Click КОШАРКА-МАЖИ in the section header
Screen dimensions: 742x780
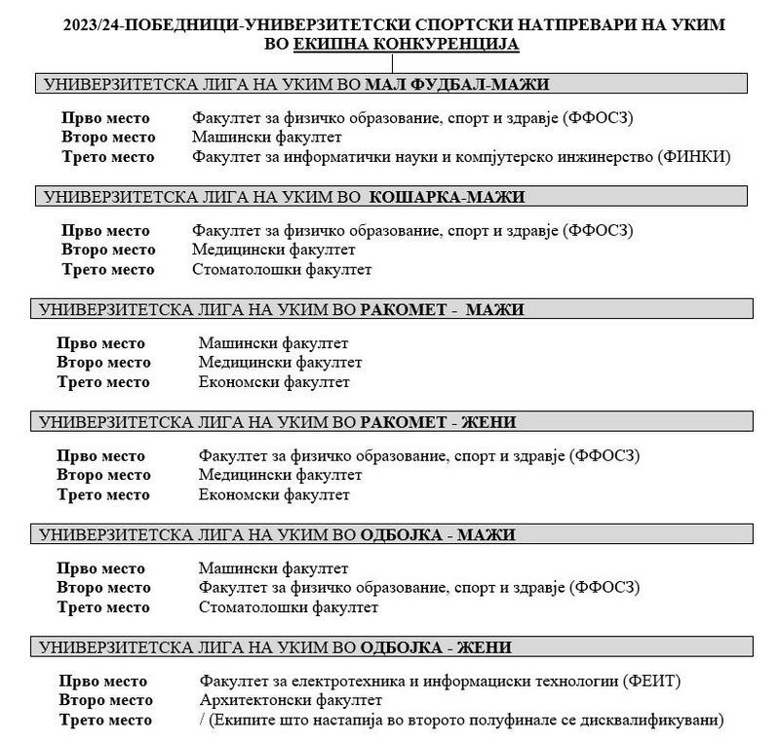[x=448, y=197]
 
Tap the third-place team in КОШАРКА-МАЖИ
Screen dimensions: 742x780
[x=282, y=269]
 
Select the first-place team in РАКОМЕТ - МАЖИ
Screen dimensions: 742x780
[x=273, y=343]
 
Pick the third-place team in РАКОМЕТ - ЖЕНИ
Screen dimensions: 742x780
[x=273, y=494]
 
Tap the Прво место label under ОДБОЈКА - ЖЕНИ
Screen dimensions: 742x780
[x=104, y=680]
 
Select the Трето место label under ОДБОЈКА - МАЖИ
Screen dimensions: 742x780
[x=103, y=606]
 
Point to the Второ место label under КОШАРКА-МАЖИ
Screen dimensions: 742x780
[x=107, y=250]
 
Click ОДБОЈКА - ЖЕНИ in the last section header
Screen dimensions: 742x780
[x=436, y=646]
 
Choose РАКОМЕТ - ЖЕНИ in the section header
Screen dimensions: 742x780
[x=439, y=421]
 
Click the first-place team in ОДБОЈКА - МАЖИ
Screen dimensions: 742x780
[x=273, y=567]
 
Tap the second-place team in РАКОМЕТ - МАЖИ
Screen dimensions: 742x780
[x=280, y=363]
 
